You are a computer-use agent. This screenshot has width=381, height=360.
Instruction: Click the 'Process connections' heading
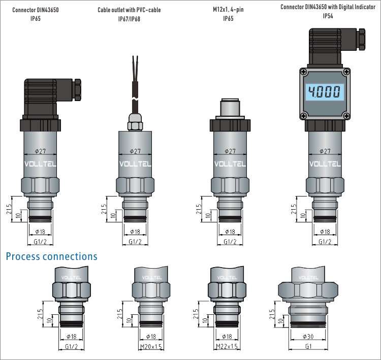[x=51, y=256]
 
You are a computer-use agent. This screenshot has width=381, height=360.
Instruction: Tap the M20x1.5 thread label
[x=151, y=346]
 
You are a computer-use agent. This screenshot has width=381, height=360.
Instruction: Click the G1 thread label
[x=308, y=346]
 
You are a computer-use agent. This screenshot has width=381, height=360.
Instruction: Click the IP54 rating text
[x=328, y=16]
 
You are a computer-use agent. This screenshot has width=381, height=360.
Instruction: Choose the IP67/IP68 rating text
[x=129, y=19]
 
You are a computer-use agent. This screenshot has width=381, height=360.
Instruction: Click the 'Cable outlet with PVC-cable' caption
[x=129, y=10]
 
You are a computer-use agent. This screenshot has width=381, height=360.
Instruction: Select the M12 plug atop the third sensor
[x=230, y=109]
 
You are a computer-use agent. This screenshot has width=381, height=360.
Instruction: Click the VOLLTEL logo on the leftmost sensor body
[x=41, y=164]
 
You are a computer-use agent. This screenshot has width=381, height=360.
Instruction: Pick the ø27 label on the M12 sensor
[x=230, y=151]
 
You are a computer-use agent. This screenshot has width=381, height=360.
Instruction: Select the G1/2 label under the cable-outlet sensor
[x=135, y=242]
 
